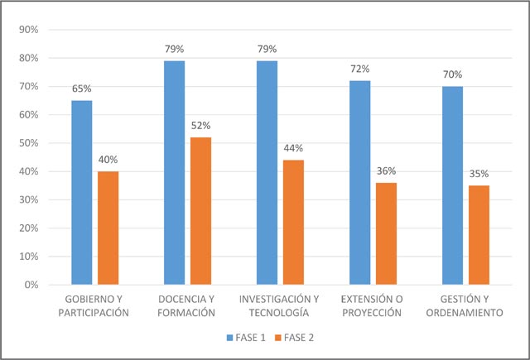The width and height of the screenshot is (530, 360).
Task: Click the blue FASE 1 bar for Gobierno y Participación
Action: [x=82, y=192]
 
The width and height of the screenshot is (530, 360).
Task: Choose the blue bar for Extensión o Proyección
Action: [x=359, y=182]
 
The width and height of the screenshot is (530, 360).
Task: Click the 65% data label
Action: [x=82, y=88]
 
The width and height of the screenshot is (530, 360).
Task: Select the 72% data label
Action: [x=359, y=68]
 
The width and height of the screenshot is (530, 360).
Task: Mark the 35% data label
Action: [x=479, y=174]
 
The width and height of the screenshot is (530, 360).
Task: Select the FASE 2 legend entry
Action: [x=294, y=338]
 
